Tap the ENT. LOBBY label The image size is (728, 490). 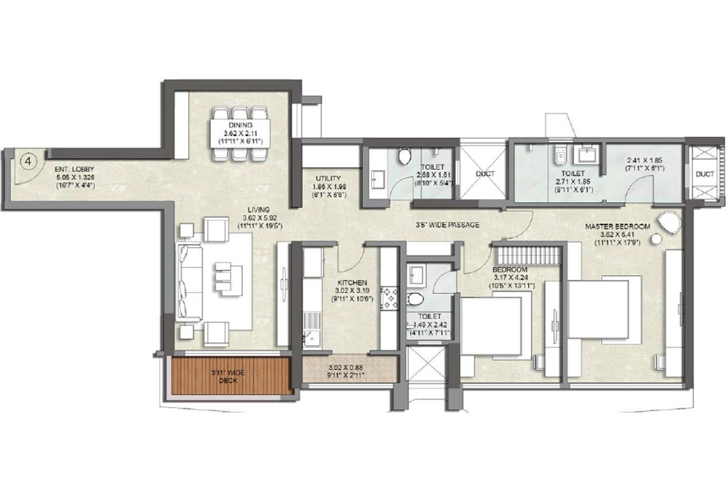(x=75, y=170)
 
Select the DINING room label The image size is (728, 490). (x=240, y=126)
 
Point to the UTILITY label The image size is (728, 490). (x=328, y=178)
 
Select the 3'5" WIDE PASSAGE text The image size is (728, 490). (x=446, y=225)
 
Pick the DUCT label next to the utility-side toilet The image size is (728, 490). (x=485, y=174)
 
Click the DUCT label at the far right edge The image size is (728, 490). (x=705, y=174)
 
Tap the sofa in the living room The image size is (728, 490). (x=188, y=282)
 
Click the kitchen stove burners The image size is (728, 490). (x=390, y=298)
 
